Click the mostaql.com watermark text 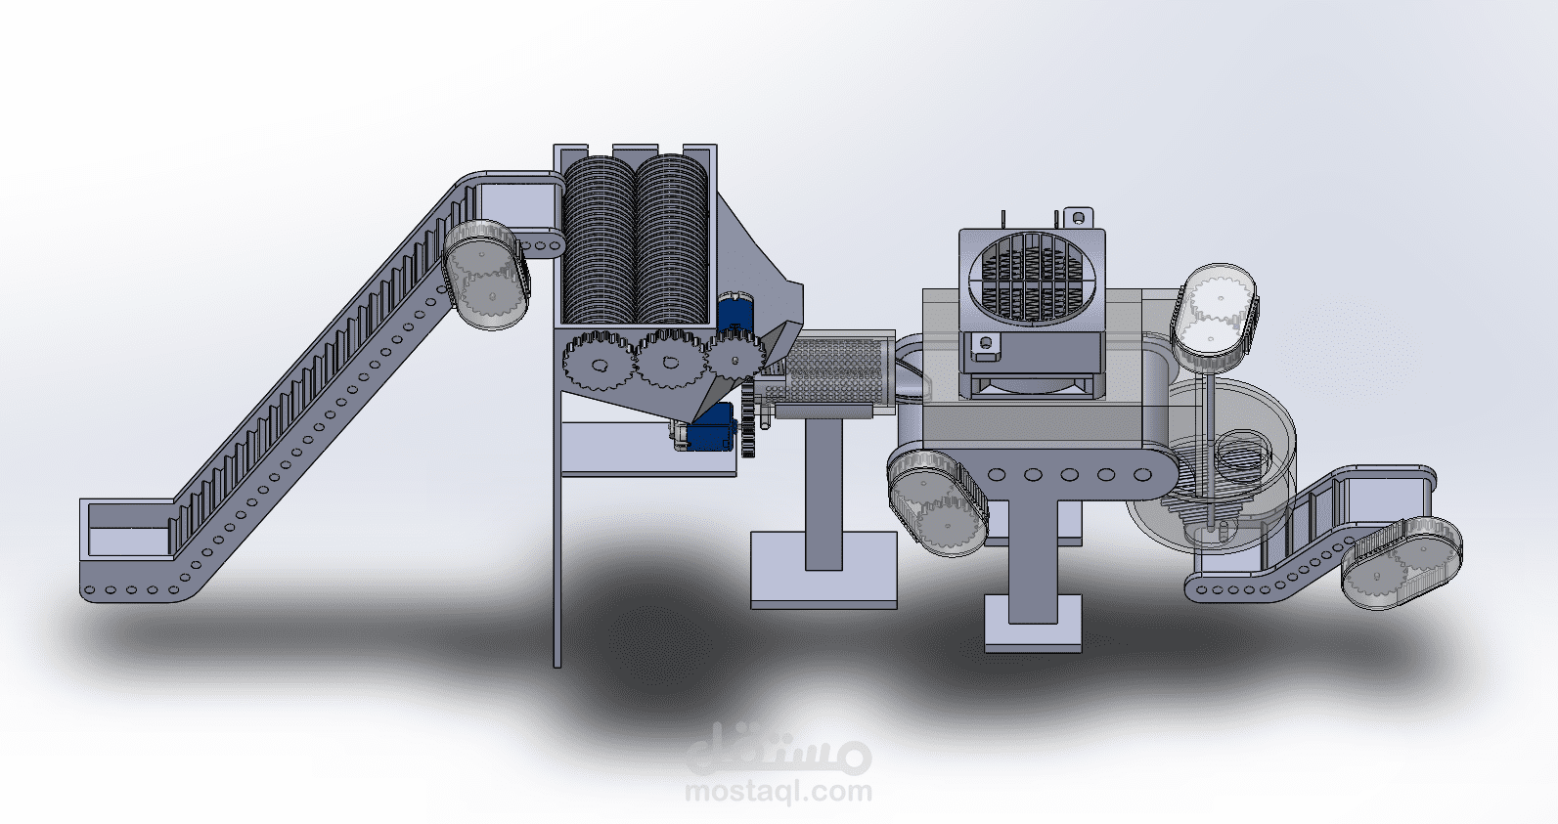[779, 792]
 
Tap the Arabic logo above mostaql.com [779, 748]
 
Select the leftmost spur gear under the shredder [598, 363]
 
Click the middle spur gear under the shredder [670, 361]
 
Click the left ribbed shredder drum [599, 240]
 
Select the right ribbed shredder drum [672, 240]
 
